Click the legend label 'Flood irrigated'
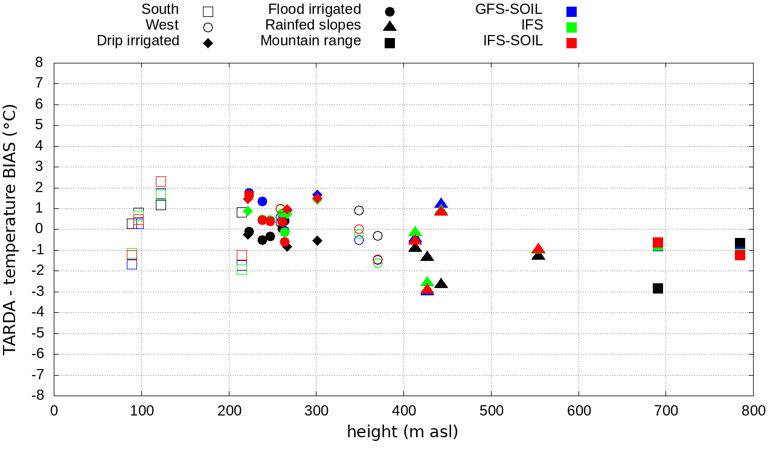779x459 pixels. click(x=315, y=10)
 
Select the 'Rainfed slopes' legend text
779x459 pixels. click(x=313, y=25)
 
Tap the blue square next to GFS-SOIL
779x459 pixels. click(x=571, y=11)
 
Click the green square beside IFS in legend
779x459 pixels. click(x=571, y=27)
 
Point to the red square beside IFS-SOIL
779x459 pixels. click(x=571, y=43)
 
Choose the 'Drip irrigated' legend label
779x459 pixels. click(x=138, y=41)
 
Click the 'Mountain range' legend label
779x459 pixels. click(x=310, y=41)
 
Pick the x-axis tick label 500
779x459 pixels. click(x=491, y=411)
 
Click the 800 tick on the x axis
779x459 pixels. click(x=753, y=411)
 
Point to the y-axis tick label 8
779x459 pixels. click(x=39, y=63)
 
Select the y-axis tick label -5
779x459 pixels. click(x=37, y=333)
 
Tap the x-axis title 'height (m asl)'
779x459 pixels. click(x=402, y=432)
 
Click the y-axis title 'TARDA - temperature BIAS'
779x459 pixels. click(x=10, y=230)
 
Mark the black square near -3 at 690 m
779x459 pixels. click(x=658, y=288)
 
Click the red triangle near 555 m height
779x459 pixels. click(x=538, y=249)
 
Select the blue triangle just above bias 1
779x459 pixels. click(x=441, y=204)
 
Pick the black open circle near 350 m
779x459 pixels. click(x=359, y=210)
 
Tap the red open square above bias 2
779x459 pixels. click(x=161, y=181)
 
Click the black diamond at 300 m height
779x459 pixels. click(x=317, y=240)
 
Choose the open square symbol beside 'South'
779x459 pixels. click(x=208, y=11)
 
